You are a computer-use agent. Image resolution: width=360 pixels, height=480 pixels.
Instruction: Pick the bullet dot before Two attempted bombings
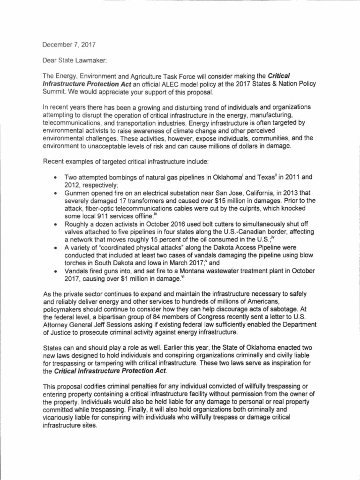pyautogui.click(x=56, y=178)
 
